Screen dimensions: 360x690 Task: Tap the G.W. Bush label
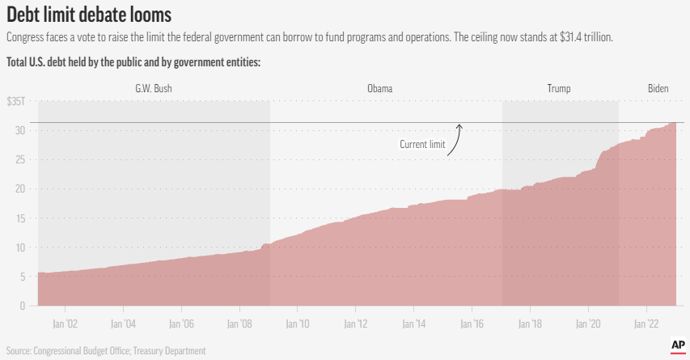click(154, 88)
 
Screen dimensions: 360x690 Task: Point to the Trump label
click(558, 88)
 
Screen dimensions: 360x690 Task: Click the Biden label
click(658, 88)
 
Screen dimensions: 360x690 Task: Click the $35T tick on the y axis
click(16, 101)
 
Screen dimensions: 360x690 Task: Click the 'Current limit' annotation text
click(422, 144)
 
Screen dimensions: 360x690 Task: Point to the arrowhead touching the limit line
click(459, 125)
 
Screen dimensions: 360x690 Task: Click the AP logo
click(678, 345)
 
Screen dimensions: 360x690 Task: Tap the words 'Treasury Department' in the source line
click(172, 350)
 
